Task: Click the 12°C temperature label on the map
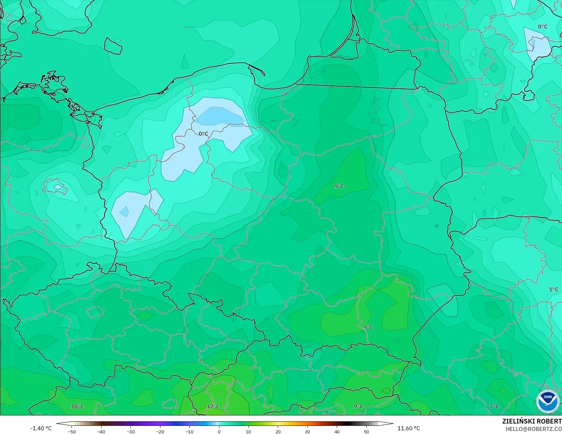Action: (x=213, y=406)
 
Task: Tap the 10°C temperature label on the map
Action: (x=78, y=406)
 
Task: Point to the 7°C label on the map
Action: (x=494, y=406)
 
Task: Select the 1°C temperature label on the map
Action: (x=554, y=289)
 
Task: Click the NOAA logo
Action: (x=548, y=401)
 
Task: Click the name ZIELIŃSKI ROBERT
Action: (x=532, y=421)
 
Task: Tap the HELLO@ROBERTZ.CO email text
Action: (x=533, y=429)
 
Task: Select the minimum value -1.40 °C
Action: (x=41, y=428)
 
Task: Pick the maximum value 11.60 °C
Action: (x=409, y=428)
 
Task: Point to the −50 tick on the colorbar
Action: (x=71, y=431)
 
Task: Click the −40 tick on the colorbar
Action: (x=101, y=431)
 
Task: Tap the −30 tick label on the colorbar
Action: (x=130, y=431)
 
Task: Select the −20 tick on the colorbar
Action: (x=160, y=431)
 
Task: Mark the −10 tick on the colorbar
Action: (x=189, y=431)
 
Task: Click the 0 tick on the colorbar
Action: (x=219, y=431)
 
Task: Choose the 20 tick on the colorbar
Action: (x=278, y=431)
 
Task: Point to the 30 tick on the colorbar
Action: (x=307, y=431)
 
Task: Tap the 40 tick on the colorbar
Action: (x=337, y=431)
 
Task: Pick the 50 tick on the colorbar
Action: (x=366, y=431)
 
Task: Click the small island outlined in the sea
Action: (x=113, y=46)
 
